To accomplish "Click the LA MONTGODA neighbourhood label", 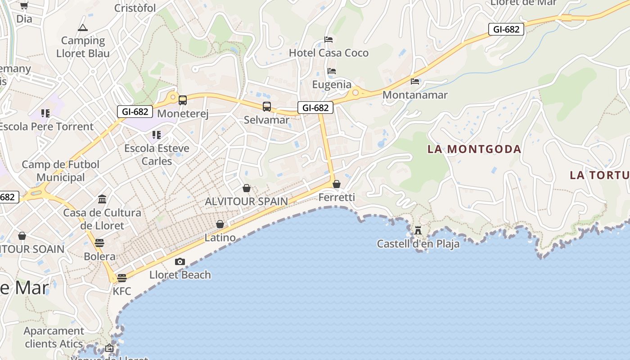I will pos(474,149).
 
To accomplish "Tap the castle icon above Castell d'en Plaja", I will pos(418,230).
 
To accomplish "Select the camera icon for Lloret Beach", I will pos(180,261).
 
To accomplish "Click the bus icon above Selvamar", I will pos(267,107).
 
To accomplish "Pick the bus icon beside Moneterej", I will pos(182,100).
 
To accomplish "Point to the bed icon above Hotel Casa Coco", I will pos(328,40).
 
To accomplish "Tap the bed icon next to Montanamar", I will pos(415,81).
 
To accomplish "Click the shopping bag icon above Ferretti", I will pos(337,184).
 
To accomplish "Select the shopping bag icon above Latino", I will pos(220,224).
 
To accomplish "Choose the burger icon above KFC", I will pos(122,278).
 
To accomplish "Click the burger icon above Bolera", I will pos(99,243).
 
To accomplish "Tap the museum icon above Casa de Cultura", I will pos(102,199).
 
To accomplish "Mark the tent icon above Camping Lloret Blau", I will pos(83,27).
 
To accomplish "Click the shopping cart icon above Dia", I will pos(24,6).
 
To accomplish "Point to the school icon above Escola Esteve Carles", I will pos(157,135).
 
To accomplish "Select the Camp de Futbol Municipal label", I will pos(61,171).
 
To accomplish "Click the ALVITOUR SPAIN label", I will pos(246,201).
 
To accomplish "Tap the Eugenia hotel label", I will pos(332,84).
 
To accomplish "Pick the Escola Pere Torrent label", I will pos(46,126).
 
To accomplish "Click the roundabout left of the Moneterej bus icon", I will pos(172,96).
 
